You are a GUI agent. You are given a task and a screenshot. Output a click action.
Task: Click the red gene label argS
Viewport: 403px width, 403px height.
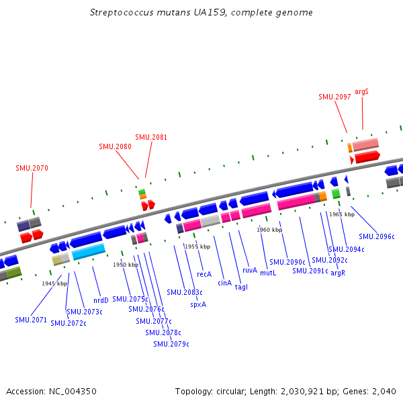pyautogui.click(x=362, y=91)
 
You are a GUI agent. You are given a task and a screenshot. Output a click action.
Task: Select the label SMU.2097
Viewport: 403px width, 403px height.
pyautogui.click(x=334, y=97)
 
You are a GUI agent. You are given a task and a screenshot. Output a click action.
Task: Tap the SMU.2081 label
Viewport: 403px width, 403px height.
pyautogui.click(x=151, y=137)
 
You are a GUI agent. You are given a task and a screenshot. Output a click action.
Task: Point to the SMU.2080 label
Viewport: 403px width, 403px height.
pyautogui.click(x=115, y=146)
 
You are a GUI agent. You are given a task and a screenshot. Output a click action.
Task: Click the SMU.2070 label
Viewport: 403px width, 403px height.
pyautogui.click(x=32, y=168)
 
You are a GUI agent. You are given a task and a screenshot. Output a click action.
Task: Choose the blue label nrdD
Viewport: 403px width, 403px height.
pyautogui.click(x=101, y=300)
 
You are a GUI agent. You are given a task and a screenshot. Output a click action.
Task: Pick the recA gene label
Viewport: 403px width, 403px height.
pyautogui.click(x=204, y=274)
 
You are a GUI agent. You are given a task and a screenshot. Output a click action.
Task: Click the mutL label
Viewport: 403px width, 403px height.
pyautogui.click(x=268, y=273)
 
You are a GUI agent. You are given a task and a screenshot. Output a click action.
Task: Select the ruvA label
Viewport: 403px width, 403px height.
pyautogui.click(x=250, y=270)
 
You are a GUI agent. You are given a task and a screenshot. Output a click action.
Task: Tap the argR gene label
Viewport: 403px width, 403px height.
pyautogui.click(x=338, y=273)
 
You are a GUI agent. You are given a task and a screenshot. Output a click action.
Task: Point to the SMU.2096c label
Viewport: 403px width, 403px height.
pyautogui.click(x=377, y=236)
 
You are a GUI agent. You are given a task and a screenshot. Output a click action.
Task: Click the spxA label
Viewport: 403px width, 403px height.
pyautogui.click(x=198, y=304)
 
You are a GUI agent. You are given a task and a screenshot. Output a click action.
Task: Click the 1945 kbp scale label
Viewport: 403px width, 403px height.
pyautogui.click(x=54, y=283)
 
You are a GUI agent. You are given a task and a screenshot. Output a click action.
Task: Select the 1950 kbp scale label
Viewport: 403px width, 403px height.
pyautogui.click(x=126, y=265)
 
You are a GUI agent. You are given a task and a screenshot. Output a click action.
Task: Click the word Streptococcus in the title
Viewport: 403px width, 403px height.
pyautogui.click(x=120, y=13)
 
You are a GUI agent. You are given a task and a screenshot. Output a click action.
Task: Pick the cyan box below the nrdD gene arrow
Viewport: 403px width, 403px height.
pyautogui.click(x=89, y=252)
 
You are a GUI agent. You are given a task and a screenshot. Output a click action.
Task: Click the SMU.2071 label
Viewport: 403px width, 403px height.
pyautogui.click(x=31, y=320)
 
